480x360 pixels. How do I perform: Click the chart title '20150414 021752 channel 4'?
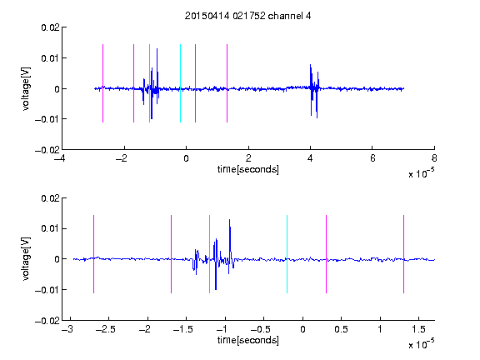(248, 16)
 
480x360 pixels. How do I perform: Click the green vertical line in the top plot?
(150, 83)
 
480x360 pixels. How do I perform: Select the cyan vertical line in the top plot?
(180, 83)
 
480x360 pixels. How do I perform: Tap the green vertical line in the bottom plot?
(210, 254)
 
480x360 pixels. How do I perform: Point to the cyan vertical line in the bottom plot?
(287, 254)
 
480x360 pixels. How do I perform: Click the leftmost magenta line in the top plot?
(102, 83)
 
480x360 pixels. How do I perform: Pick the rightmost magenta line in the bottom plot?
(404, 254)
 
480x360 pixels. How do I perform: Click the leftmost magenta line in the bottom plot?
(93, 254)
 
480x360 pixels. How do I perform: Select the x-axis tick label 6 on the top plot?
(372, 158)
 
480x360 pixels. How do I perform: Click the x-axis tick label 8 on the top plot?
(434, 158)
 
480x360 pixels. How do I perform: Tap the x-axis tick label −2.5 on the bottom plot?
(105, 329)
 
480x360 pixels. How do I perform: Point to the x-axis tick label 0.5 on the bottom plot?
(342, 329)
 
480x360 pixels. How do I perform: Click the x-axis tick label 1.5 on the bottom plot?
(419, 329)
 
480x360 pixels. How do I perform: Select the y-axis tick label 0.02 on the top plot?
(51, 27)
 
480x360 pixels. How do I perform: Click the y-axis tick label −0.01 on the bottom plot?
(47, 290)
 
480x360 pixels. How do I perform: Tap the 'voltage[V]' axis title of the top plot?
(26, 89)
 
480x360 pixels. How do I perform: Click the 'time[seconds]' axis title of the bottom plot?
(248, 340)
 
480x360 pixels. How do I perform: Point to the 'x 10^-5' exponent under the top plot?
(421, 172)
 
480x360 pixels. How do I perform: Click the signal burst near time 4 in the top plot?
(314, 91)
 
